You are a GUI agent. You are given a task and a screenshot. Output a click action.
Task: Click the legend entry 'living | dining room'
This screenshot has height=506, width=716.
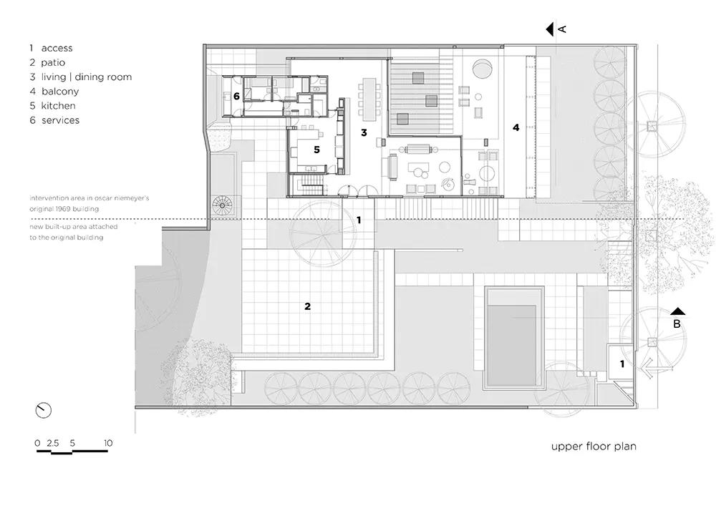click(87, 77)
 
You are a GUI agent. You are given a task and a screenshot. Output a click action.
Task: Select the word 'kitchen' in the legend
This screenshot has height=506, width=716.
click(59, 105)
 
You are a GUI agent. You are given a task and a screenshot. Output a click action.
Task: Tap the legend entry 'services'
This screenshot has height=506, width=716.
click(60, 120)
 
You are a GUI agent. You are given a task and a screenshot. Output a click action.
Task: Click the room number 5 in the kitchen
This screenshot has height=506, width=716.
click(316, 150)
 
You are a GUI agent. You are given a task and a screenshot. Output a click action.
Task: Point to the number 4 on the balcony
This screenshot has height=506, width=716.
click(516, 127)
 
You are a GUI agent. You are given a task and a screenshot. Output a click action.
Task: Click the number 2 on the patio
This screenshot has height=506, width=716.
click(307, 306)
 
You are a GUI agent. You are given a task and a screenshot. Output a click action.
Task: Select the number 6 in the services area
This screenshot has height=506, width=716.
click(236, 97)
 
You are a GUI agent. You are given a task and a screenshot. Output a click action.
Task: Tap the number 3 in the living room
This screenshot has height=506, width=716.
click(364, 132)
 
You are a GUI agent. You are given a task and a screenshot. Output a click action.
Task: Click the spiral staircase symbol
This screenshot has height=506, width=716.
click(223, 206)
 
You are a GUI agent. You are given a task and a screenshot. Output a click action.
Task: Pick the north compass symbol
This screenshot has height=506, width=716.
click(44, 410)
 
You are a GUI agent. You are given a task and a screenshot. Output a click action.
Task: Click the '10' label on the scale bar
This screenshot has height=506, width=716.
click(108, 443)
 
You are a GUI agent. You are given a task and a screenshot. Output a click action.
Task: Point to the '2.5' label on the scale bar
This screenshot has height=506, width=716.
click(52, 443)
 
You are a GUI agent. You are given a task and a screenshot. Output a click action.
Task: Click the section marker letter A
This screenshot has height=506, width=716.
click(562, 29)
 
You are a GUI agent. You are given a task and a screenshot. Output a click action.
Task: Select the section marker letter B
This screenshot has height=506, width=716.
click(677, 323)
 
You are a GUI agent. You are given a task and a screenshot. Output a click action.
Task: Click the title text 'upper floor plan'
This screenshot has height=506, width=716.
click(594, 446)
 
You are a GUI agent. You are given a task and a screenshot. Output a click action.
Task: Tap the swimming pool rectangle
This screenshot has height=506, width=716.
click(514, 338)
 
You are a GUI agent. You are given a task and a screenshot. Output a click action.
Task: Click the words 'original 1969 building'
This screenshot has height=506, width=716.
click(64, 209)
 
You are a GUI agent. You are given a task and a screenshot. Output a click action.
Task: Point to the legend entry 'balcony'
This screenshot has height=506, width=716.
click(60, 92)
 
